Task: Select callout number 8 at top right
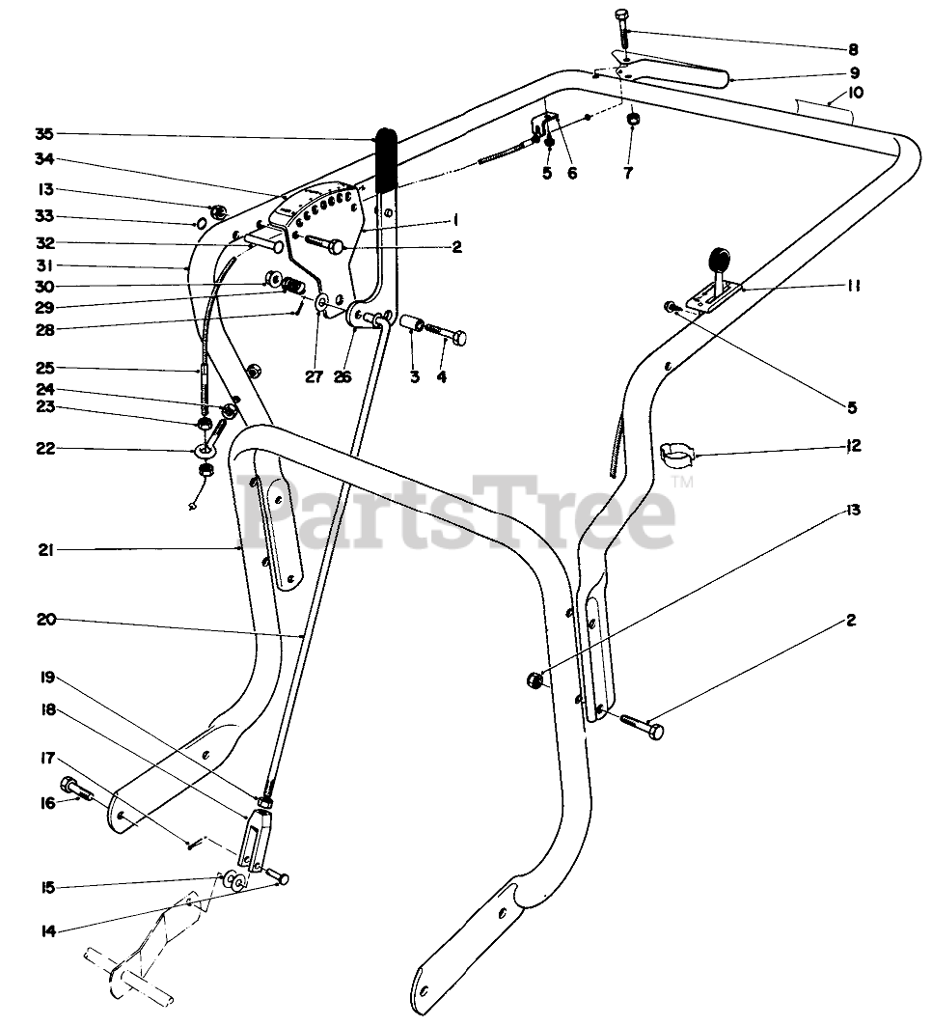852,48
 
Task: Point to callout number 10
857,94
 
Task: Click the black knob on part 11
720,261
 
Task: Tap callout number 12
852,446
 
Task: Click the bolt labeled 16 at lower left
74,790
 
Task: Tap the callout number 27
315,376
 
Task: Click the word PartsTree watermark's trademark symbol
682,481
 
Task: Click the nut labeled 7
632,120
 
